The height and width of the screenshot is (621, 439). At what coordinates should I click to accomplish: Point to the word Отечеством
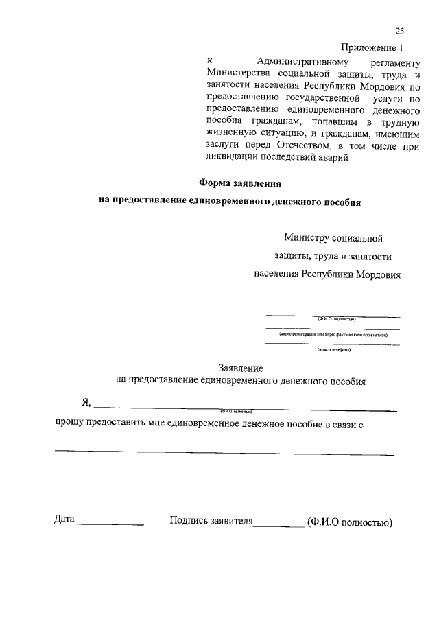click(x=304, y=145)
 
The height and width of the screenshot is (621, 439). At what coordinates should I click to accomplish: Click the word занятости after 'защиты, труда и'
click(x=368, y=256)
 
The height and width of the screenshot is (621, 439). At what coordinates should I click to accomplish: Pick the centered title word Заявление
click(x=241, y=368)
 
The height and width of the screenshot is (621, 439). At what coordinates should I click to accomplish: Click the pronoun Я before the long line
click(x=85, y=402)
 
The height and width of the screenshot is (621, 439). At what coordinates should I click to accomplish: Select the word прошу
click(x=69, y=424)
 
